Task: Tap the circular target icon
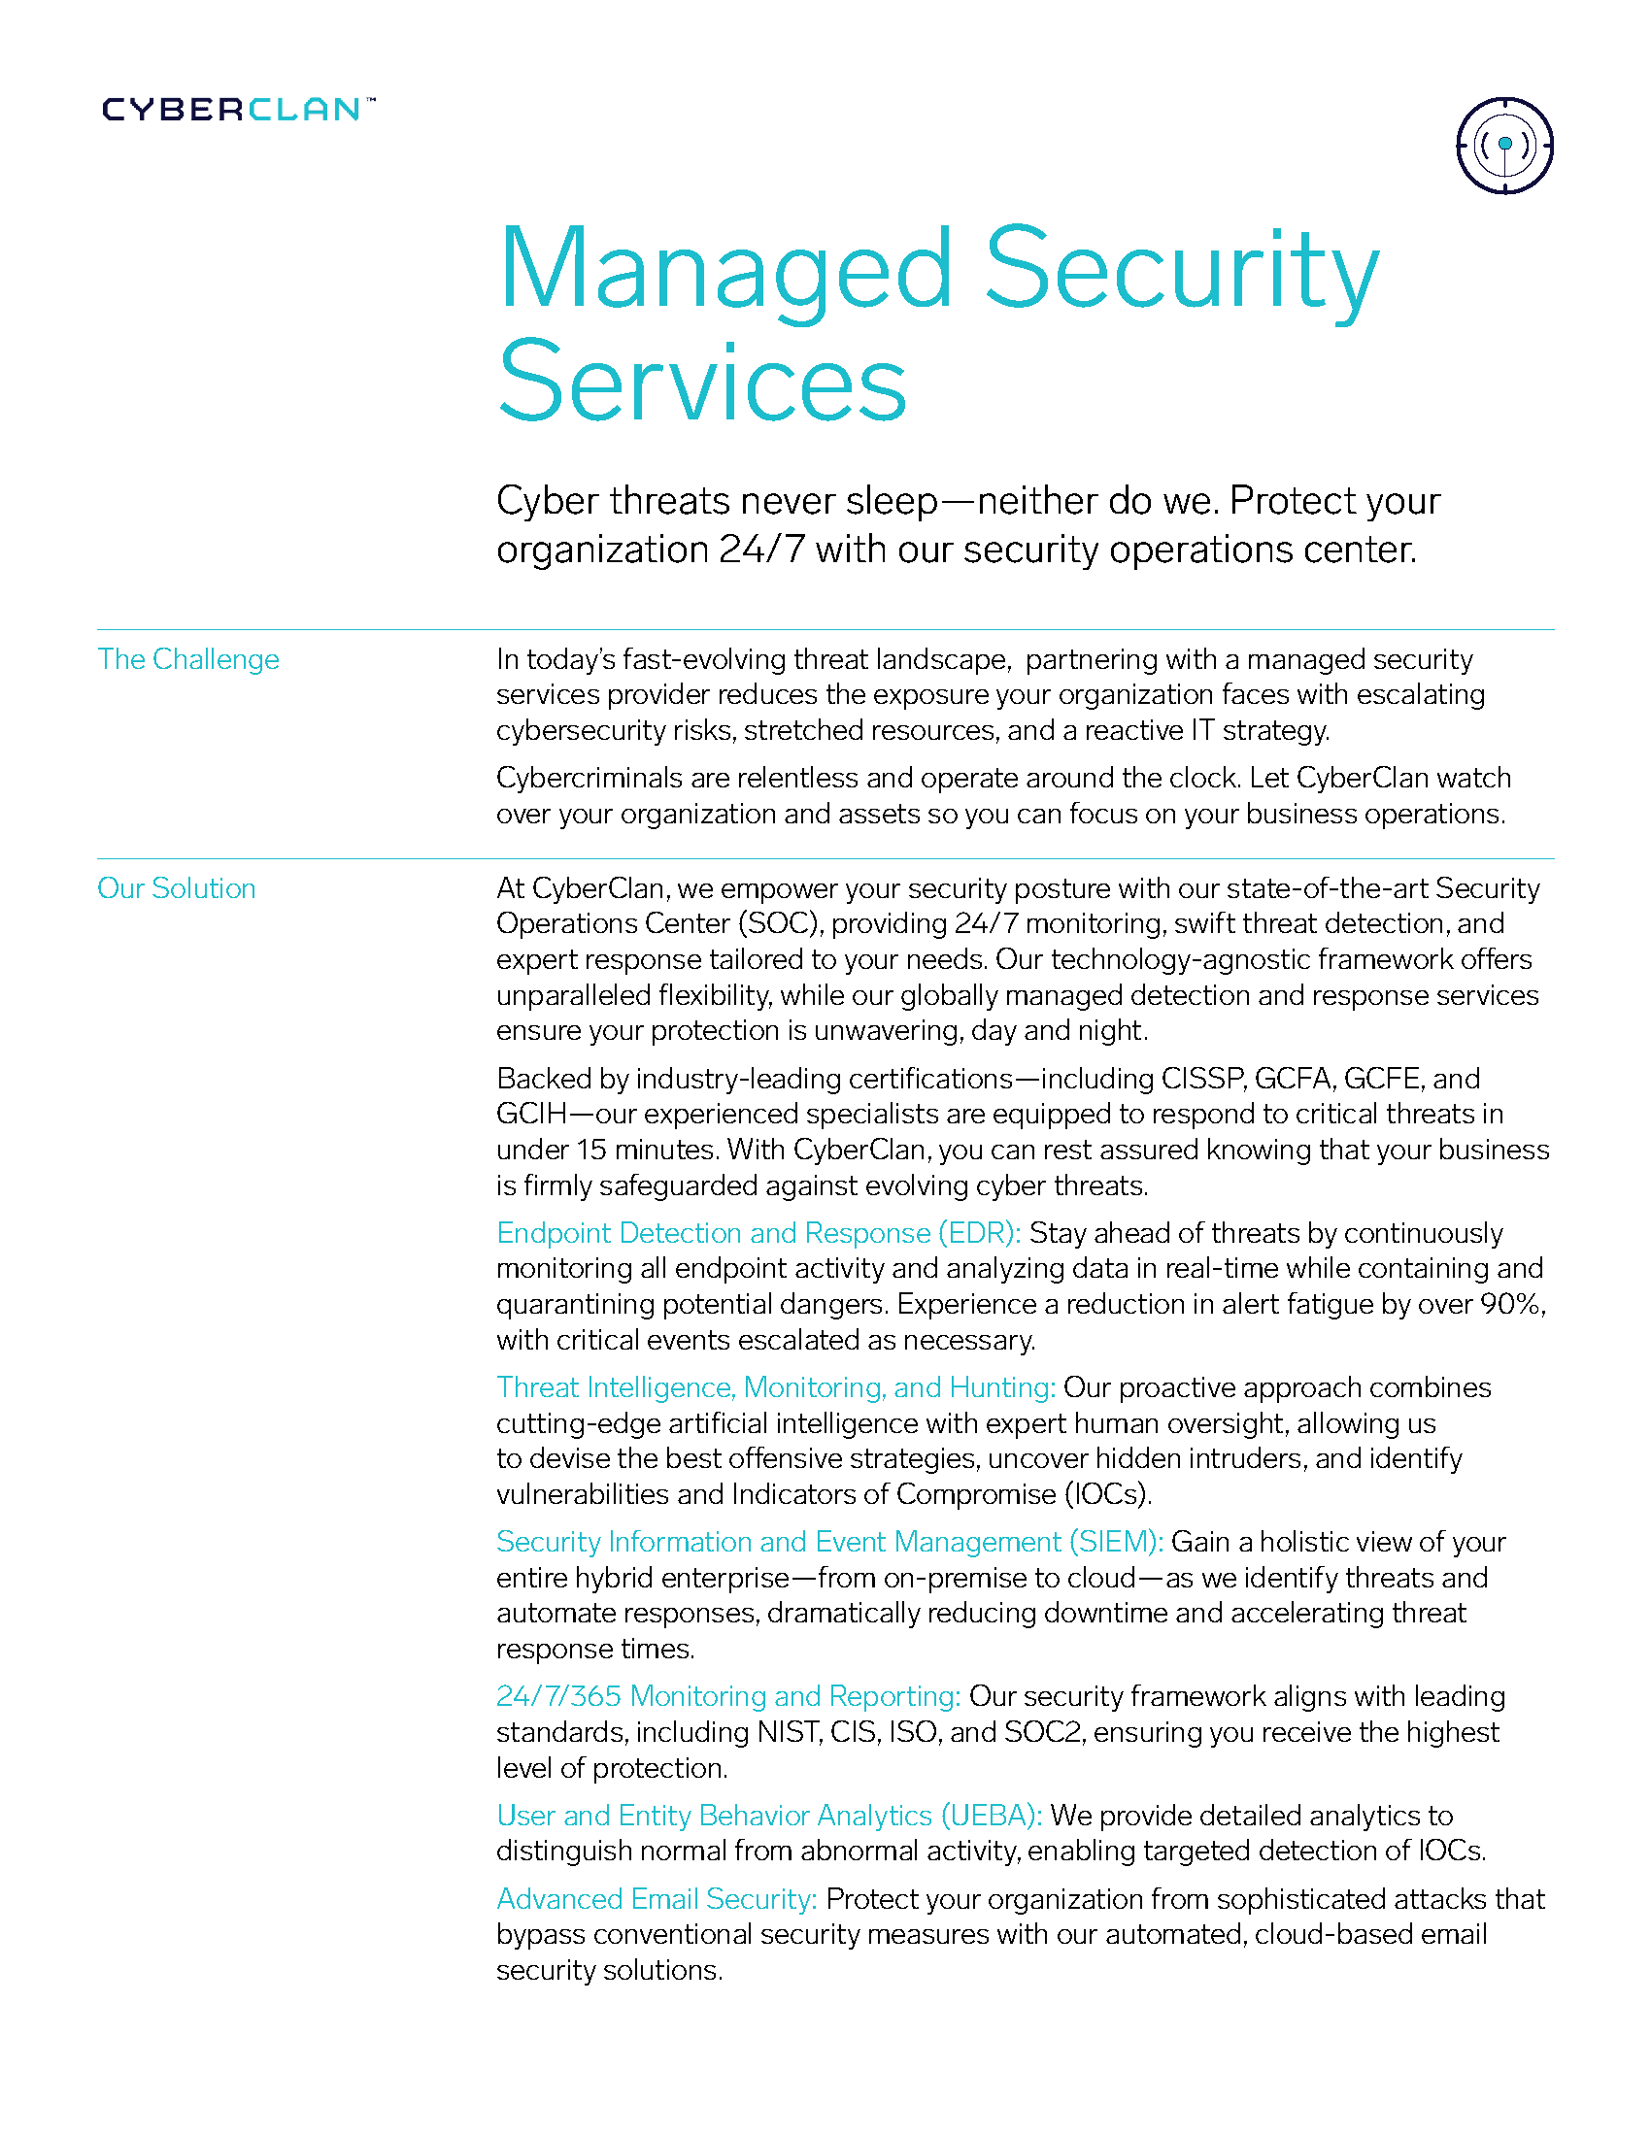[1504, 146]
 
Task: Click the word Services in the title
[702, 383]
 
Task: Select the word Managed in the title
[724, 268]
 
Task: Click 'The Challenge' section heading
[187, 659]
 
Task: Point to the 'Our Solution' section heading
[176, 888]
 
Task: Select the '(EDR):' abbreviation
[979, 1233]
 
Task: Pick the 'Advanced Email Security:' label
[657, 1898]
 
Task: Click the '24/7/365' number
[557, 1696]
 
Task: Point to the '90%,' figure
[1513, 1304]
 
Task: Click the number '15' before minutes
[590, 1150]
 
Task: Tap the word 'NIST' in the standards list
[789, 1732]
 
